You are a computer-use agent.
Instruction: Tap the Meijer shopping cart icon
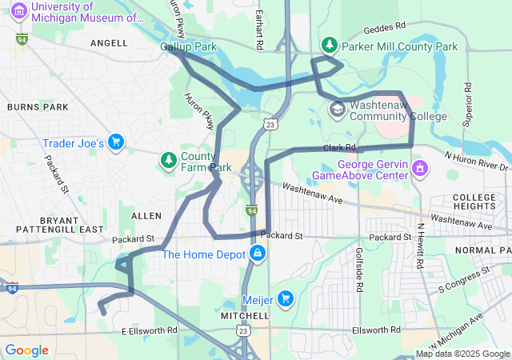tap(286, 300)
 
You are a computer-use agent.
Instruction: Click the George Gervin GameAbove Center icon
tap(420, 169)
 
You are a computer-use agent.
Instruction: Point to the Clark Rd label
tap(339, 148)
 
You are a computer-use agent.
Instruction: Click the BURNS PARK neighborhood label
tap(32, 106)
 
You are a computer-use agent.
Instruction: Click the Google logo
tap(27, 350)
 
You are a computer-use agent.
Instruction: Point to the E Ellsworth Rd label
tap(149, 330)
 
